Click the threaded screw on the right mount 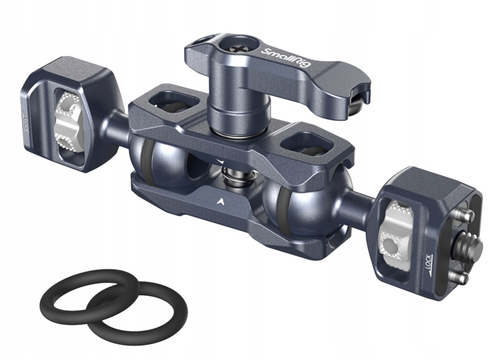(466, 241)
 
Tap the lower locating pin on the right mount (464, 274)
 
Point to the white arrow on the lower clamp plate (222, 201)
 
